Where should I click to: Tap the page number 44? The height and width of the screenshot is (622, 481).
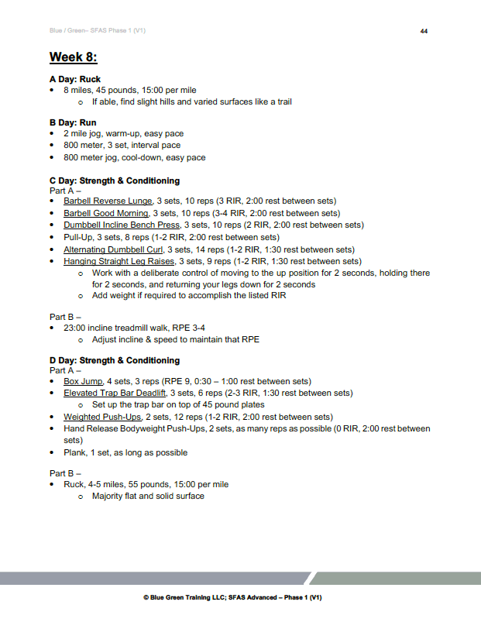424,31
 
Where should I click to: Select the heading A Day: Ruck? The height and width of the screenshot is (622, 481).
75,79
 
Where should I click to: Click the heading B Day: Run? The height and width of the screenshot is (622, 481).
73,122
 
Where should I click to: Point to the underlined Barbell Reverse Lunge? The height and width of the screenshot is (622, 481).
108,201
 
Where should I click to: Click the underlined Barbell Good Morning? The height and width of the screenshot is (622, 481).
107,213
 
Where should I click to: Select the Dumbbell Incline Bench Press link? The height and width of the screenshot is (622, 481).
122,225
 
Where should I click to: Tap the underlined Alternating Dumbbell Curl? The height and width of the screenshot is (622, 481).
113,249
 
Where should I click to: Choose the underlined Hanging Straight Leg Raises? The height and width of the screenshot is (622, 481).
119,261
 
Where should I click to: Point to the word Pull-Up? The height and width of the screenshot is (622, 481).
79,237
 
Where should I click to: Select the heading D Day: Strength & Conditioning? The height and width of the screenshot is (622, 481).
115,360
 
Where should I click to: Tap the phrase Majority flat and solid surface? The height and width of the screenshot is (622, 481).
148,496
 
